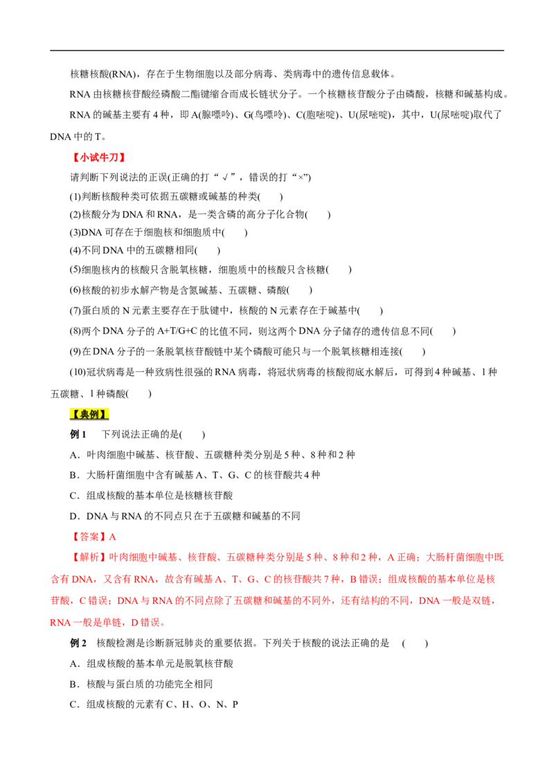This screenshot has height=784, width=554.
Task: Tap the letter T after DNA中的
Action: click(x=97, y=136)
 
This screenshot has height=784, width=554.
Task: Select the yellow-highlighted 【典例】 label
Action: click(x=89, y=414)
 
